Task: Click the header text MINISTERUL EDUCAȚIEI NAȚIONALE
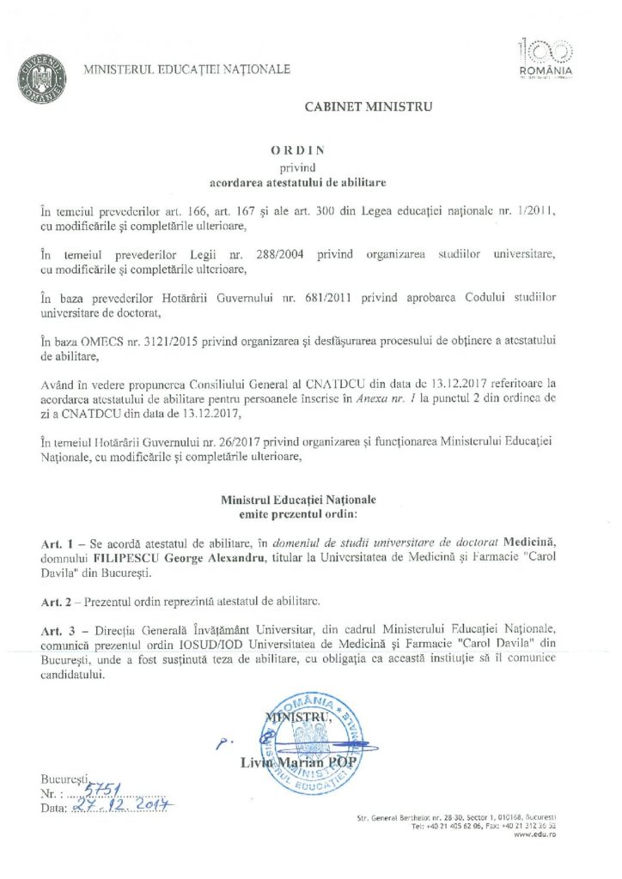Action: (x=186, y=70)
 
